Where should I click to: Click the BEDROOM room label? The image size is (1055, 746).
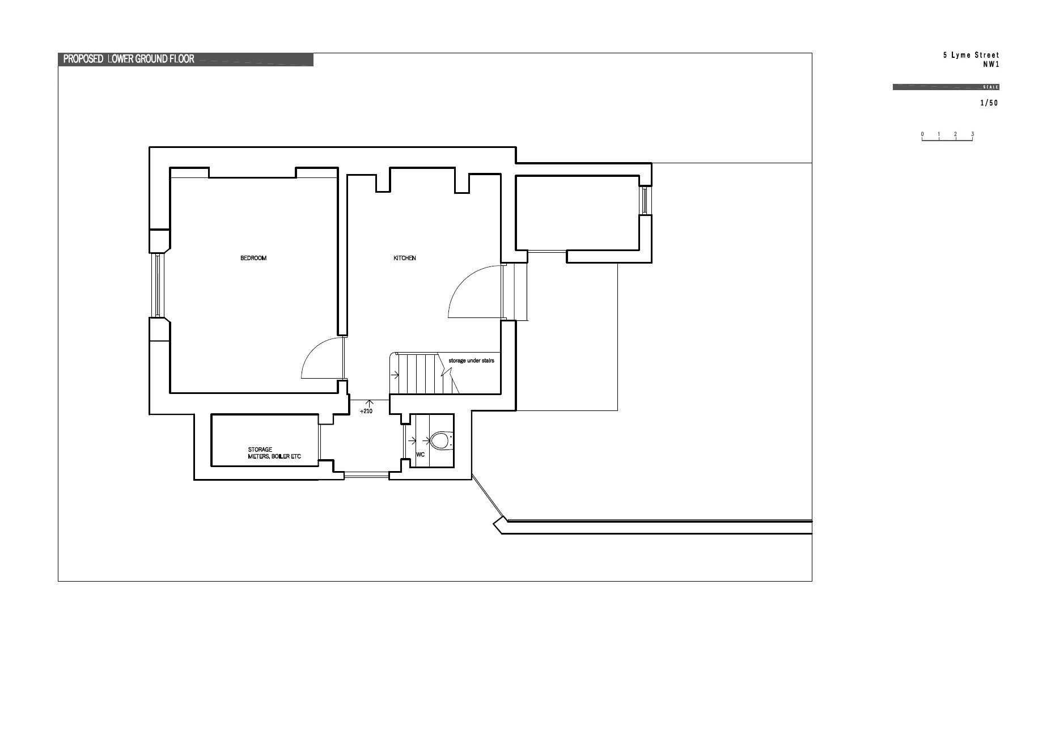click(253, 258)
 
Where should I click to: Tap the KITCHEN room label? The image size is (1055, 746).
click(405, 258)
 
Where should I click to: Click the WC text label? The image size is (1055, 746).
click(421, 455)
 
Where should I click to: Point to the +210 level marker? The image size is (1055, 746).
click(366, 411)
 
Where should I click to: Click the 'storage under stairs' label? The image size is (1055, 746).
click(472, 361)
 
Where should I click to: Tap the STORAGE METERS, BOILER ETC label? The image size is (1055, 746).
click(274, 453)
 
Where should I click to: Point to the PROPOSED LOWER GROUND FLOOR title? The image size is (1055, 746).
click(129, 59)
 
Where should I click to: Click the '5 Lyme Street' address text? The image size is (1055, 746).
click(971, 55)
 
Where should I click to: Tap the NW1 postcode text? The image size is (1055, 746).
click(991, 65)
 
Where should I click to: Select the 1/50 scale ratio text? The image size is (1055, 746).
click(989, 103)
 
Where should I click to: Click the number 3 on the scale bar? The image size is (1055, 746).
click(972, 134)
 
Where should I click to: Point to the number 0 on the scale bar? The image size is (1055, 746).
click(922, 134)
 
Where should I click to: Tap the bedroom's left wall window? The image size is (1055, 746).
click(159, 285)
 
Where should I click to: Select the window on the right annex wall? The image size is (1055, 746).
click(645, 200)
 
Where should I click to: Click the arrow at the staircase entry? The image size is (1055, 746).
click(395, 374)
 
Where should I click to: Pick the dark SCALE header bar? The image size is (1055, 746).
click(946, 87)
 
